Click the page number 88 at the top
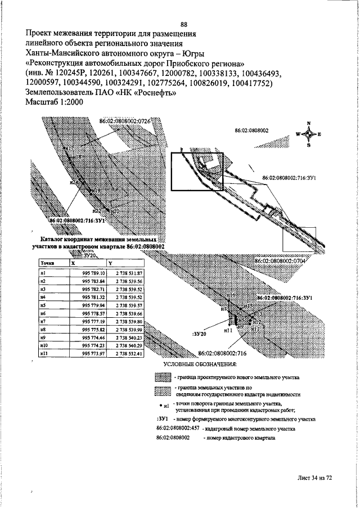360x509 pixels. pos(184,24)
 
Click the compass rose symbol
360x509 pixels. pos(309,134)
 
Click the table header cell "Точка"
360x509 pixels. pos(46,263)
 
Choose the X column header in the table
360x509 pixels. pos(73,263)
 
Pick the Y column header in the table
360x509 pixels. pos(110,263)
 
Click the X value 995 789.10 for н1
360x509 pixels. pos(93,273)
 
